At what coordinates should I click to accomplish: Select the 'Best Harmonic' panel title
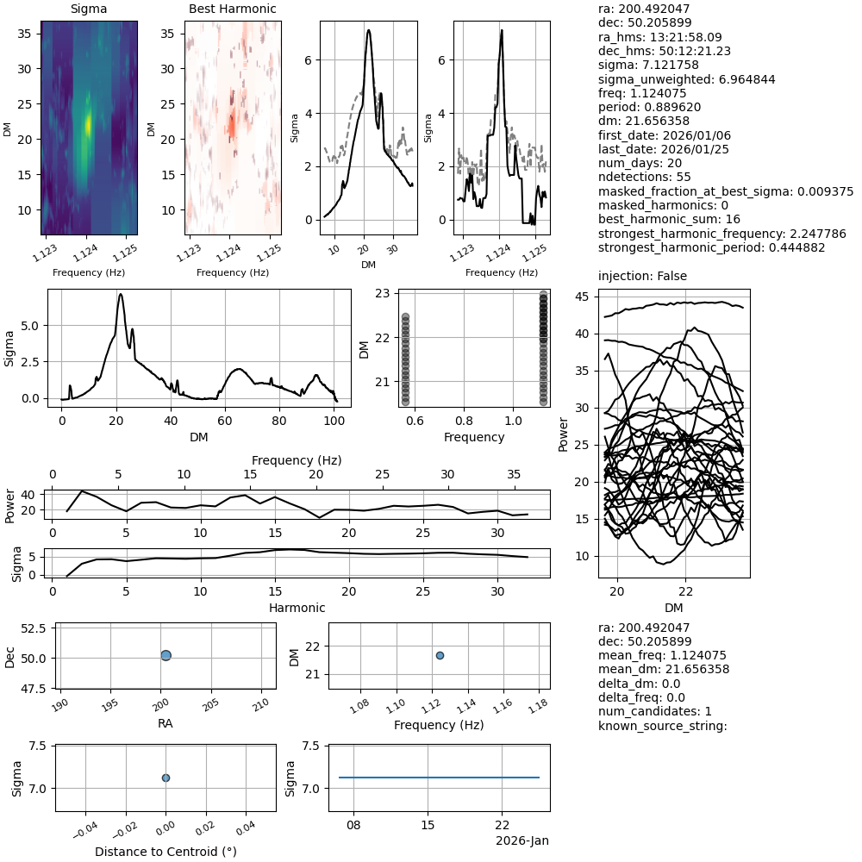[x=232, y=9]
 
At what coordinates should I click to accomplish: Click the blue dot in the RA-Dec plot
[x=166, y=655]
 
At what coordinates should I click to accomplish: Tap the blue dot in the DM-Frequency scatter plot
[x=440, y=655]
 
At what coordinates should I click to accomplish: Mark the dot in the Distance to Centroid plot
[x=166, y=778]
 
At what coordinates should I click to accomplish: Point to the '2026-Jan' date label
[x=522, y=840]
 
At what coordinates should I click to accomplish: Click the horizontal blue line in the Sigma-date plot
[x=439, y=778]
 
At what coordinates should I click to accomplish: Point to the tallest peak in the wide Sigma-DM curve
[x=121, y=295]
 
